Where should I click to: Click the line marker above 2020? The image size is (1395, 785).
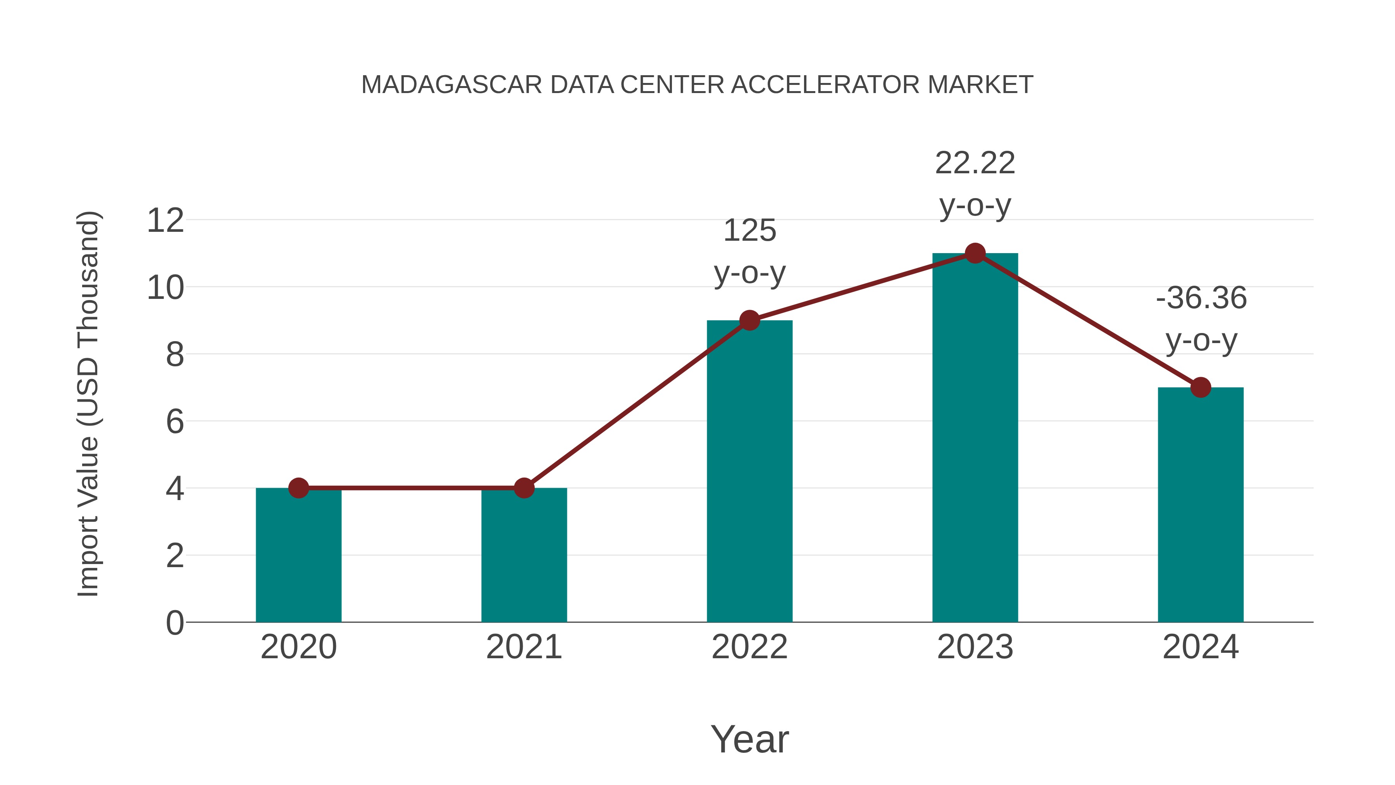pyautogui.click(x=298, y=488)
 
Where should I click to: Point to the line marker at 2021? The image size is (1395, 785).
pyautogui.click(x=524, y=488)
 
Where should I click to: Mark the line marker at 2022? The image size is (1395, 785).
pyautogui.click(x=749, y=321)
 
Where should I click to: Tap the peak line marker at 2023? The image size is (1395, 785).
pyautogui.click(x=975, y=254)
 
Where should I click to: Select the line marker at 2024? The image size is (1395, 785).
pyautogui.click(x=1200, y=387)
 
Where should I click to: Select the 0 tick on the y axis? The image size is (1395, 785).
pyautogui.click(x=174, y=623)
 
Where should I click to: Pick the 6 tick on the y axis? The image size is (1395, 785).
pyautogui.click(x=174, y=421)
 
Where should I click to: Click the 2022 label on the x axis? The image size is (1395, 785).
pyautogui.click(x=749, y=647)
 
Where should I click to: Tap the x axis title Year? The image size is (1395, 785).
pyautogui.click(x=749, y=739)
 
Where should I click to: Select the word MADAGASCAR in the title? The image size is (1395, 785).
pyautogui.click(x=451, y=85)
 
